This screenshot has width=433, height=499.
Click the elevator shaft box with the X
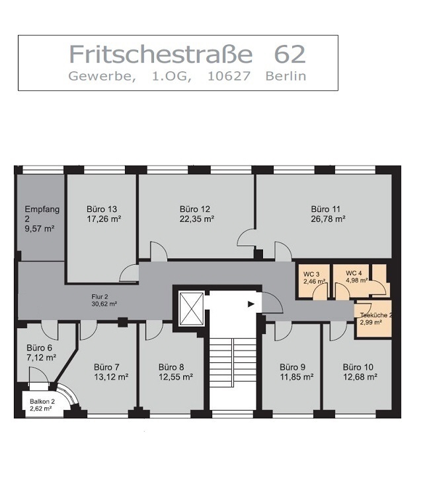(x=192, y=309)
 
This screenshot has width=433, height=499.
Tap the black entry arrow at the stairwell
(x=251, y=304)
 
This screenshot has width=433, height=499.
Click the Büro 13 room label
(x=102, y=209)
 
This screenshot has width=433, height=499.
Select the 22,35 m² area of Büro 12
(x=196, y=219)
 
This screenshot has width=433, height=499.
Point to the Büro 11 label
(x=326, y=209)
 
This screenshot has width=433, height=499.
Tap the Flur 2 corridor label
(x=100, y=297)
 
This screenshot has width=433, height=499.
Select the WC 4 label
(x=354, y=273)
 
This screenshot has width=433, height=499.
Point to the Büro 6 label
(x=39, y=348)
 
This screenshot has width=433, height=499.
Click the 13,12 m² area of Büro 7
(x=111, y=377)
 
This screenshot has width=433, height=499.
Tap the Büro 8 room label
(x=171, y=367)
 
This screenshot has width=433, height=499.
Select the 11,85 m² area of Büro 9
(x=297, y=377)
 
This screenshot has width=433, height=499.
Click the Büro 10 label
(x=358, y=367)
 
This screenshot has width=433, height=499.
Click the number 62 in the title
(x=290, y=54)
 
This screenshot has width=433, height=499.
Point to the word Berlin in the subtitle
(x=286, y=76)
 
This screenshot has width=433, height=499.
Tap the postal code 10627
(x=229, y=76)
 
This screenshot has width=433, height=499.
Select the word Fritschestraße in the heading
(x=161, y=54)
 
